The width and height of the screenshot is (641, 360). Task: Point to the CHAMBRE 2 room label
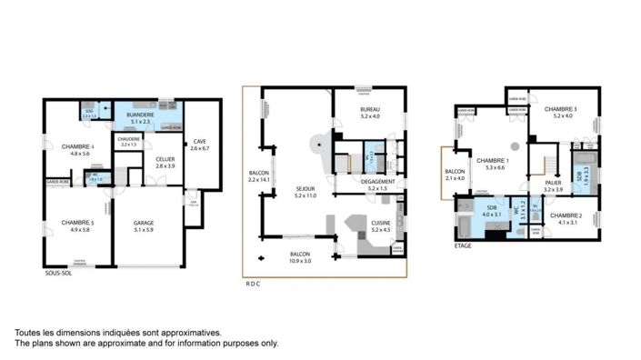pos(567,217)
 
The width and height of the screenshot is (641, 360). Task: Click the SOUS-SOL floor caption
pos(59,272)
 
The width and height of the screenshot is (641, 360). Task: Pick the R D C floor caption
pos(253,284)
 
